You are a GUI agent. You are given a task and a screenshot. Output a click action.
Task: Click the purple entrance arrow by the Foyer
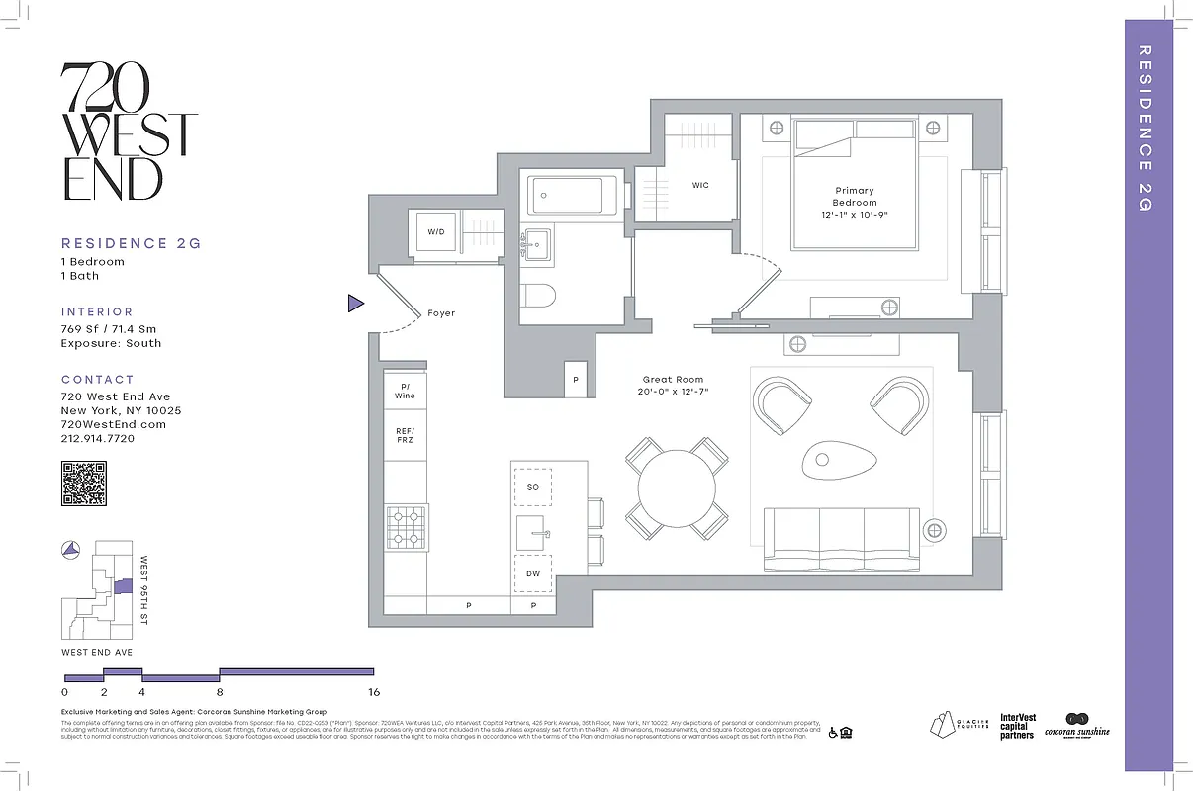[x=355, y=304]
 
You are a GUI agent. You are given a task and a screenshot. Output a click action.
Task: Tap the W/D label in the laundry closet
[x=436, y=231]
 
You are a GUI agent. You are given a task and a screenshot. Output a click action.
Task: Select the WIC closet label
[x=700, y=185]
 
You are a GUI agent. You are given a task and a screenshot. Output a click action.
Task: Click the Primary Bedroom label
[x=854, y=196]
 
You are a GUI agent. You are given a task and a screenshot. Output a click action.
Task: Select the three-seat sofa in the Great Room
[x=841, y=539]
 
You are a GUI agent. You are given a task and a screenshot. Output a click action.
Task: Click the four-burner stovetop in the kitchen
[x=405, y=526]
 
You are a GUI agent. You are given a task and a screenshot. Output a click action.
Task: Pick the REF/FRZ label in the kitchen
[x=405, y=435]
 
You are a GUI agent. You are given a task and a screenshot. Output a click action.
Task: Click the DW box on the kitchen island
[x=533, y=572]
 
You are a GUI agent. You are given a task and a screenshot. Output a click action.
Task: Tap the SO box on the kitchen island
[x=533, y=487]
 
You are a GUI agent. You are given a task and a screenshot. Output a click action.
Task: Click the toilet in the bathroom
[x=540, y=296]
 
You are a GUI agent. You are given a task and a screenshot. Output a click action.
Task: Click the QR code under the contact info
[x=84, y=483]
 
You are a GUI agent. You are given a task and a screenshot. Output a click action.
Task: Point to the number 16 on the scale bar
[x=374, y=693]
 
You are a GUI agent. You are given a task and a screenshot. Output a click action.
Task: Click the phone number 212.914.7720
[x=98, y=438]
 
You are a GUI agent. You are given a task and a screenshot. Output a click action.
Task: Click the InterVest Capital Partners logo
[x=1017, y=727]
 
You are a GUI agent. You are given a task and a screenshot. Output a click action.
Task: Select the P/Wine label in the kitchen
[x=405, y=391]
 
